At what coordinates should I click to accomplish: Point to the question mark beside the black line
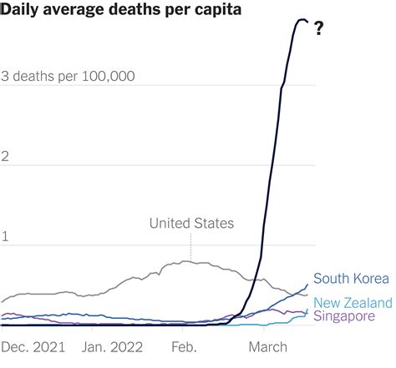(319, 31)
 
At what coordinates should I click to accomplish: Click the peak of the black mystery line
(301, 19)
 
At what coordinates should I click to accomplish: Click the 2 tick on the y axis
(6, 157)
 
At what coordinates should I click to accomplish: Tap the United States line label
(191, 223)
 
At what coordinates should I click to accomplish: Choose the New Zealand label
(353, 301)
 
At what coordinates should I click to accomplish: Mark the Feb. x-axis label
(184, 344)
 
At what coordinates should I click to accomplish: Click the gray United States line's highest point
(185, 261)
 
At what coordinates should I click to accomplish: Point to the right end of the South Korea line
(307, 285)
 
